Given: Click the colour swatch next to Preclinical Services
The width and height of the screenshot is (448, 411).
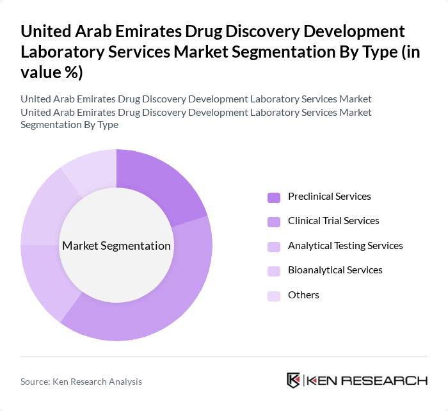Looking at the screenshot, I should pyautogui.click(x=274, y=197).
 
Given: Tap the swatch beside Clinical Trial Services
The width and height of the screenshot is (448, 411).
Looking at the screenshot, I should pyautogui.click(x=274, y=222).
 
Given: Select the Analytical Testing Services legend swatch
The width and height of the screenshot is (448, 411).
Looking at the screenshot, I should pyautogui.click(x=274, y=246).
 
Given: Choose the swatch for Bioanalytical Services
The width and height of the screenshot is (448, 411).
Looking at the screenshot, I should pyautogui.click(x=274, y=271).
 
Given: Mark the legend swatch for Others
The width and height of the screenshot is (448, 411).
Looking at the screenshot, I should pyautogui.click(x=274, y=296).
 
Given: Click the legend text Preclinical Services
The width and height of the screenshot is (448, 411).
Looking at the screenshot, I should pyautogui.click(x=329, y=197).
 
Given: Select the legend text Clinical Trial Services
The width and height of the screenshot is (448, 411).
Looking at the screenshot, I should pyautogui.click(x=333, y=221).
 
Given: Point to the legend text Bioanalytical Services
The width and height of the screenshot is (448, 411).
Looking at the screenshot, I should pyautogui.click(x=335, y=270).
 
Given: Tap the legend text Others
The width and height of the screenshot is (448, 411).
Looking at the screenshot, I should pyautogui.click(x=303, y=295).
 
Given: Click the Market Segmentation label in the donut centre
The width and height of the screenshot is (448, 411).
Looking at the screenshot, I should pyautogui.click(x=116, y=246).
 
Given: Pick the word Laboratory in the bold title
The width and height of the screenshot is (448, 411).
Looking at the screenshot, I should pyautogui.click(x=61, y=52).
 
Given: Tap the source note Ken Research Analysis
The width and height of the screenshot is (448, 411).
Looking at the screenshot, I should pyautogui.click(x=81, y=382).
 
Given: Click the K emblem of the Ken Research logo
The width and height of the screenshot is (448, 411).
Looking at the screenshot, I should pyautogui.click(x=294, y=380).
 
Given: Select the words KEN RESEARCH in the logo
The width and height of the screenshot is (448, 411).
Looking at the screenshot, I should pyautogui.click(x=367, y=380).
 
